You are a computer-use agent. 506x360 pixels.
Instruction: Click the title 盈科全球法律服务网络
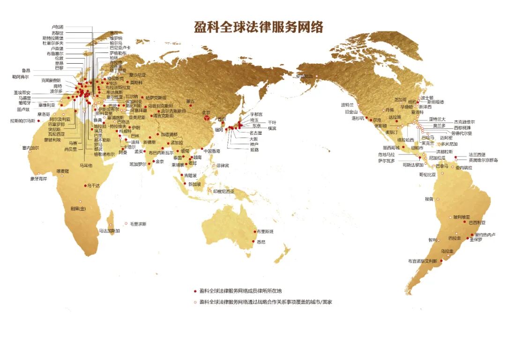259,27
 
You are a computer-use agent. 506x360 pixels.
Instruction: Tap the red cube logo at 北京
206,119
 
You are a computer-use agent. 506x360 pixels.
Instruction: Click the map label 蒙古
190,101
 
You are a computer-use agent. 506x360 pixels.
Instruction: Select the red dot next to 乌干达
85,186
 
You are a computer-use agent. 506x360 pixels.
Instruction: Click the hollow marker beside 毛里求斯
126,224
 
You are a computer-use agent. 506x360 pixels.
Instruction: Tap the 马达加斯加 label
109,231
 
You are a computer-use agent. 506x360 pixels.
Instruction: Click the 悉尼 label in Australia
261,242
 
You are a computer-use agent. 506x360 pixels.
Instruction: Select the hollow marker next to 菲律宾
214,166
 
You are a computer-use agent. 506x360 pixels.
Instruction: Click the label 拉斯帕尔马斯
22,121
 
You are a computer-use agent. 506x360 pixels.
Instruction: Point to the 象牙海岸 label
39,178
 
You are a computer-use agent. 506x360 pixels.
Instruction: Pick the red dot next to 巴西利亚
466,223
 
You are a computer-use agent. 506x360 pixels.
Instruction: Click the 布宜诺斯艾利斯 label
423,261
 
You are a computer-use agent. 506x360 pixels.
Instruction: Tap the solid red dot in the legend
195,291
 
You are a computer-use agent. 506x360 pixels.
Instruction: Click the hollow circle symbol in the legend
195,302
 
